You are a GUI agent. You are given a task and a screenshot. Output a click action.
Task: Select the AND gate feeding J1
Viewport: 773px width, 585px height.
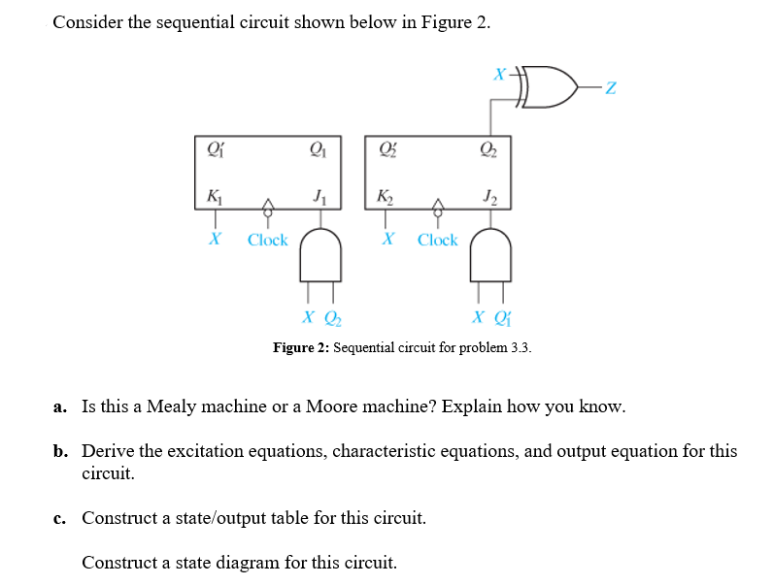tap(320, 255)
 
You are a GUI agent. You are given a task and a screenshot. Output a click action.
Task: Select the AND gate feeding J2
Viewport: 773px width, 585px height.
tap(490, 255)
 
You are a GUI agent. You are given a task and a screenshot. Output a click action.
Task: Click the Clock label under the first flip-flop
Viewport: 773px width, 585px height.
tap(267, 240)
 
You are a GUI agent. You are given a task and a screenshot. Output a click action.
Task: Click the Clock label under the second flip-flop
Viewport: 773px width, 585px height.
tap(437, 240)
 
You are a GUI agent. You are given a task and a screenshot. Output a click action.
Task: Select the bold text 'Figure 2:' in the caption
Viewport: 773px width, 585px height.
tap(301, 347)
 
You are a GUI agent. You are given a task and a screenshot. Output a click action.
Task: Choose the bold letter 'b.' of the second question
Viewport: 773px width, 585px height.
tap(60, 451)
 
